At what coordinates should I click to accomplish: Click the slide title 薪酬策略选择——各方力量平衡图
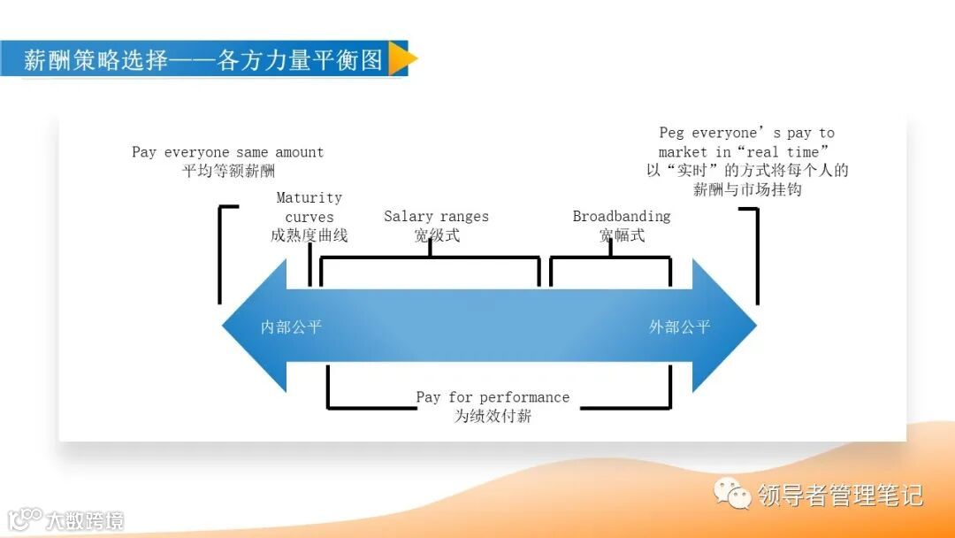point(202,59)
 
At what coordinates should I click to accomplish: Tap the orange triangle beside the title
point(401,59)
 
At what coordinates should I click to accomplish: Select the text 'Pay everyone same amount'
point(227,152)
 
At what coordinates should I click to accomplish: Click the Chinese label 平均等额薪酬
point(227,171)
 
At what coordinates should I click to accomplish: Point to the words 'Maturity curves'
point(309,207)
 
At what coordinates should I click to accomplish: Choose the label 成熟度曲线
point(309,235)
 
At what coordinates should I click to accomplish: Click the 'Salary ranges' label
point(436,217)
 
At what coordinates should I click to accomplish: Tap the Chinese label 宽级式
point(436,235)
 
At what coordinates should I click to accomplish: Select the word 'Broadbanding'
point(622,217)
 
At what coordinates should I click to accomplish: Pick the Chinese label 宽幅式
point(622,235)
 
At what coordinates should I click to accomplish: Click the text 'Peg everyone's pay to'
point(746,133)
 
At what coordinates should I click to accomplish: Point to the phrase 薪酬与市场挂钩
point(746,189)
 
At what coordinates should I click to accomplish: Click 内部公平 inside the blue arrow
point(291,327)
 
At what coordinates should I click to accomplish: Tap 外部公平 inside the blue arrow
point(679,327)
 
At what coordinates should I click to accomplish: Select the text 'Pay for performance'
point(493,397)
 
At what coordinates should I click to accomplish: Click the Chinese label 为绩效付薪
point(493,416)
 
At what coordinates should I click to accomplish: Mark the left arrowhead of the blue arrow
point(252,326)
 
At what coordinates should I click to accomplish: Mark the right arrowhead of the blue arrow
point(725,326)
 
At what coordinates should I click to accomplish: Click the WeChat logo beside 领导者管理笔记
point(733,493)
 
